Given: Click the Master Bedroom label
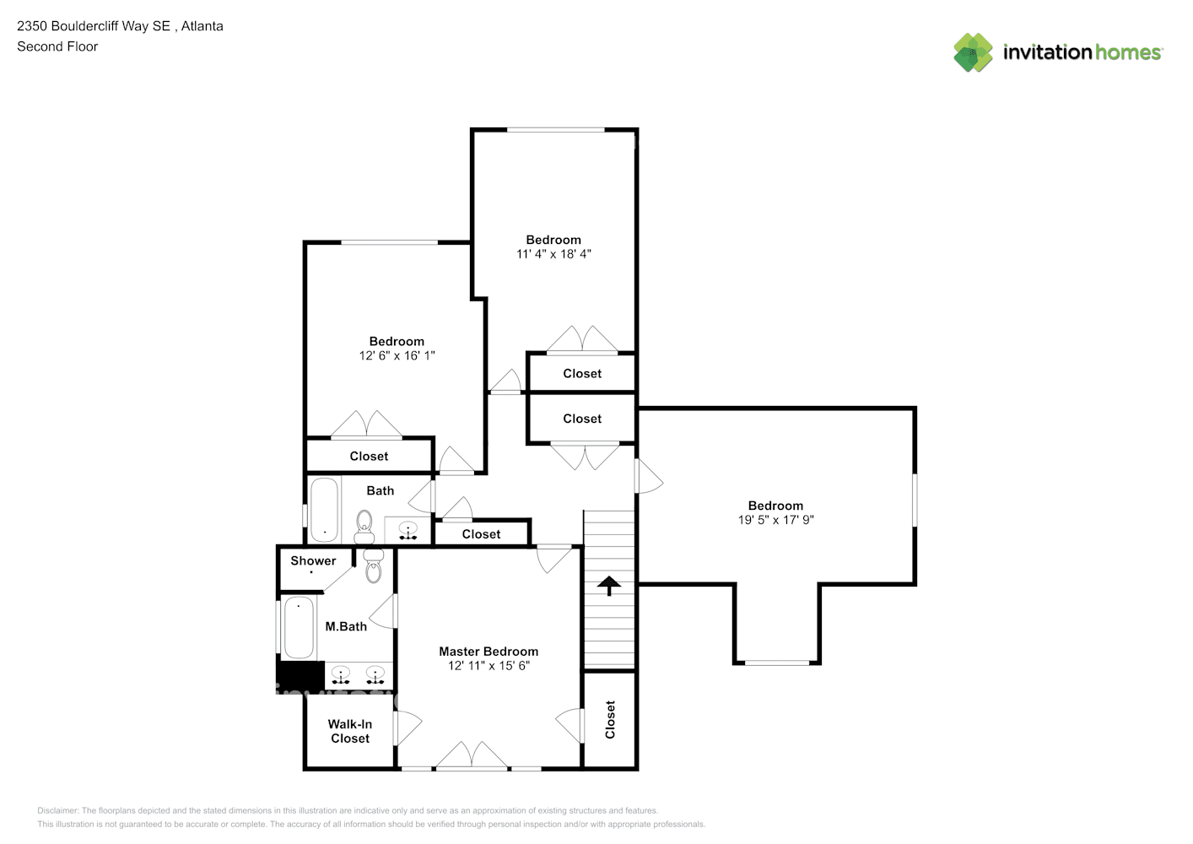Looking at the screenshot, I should point(488,652).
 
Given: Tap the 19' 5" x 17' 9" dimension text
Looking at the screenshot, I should point(775,520).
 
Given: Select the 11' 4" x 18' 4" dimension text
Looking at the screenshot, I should point(553,254).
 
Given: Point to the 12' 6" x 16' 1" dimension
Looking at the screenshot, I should point(397,356).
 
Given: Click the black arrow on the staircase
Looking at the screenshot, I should point(609,585).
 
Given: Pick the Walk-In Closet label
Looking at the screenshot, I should point(350,731).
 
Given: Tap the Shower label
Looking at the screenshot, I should point(313,560).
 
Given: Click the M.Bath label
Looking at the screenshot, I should point(346,626).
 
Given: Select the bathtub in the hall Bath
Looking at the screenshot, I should point(324,510).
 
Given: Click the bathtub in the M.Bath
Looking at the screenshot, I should point(299,627).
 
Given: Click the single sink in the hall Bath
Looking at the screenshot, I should point(408,531).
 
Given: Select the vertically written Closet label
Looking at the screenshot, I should point(610,719).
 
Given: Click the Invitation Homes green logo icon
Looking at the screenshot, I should point(973,52).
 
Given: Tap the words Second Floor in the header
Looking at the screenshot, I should point(57,46).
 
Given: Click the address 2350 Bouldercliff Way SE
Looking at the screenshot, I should point(93,26).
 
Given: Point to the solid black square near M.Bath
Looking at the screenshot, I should point(300,675).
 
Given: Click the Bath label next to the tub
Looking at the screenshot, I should point(380,490).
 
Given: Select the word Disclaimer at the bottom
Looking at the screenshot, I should point(57,810).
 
